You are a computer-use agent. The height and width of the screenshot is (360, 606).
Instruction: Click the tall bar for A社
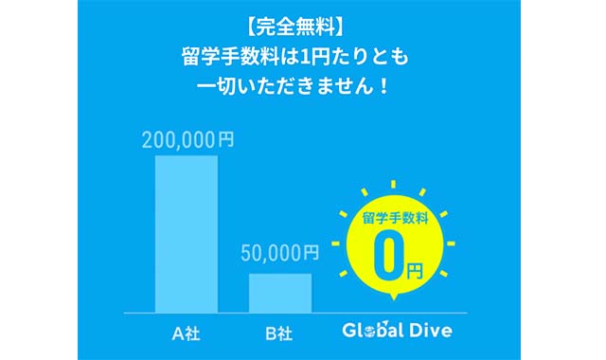[x=187, y=233]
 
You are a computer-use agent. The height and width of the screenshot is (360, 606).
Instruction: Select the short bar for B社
[x=280, y=292]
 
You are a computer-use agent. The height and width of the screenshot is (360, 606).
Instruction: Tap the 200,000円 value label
[x=187, y=139]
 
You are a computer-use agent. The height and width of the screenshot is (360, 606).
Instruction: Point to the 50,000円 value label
[x=280, y=253]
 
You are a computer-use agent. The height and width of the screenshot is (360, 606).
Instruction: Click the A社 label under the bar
[x=185, y=333]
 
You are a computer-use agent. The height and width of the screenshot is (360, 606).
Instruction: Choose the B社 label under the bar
[x=278, y=333]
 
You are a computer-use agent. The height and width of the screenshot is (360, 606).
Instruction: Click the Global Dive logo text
[x=397, y=331]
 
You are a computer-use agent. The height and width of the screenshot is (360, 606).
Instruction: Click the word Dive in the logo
[x=429, y=331]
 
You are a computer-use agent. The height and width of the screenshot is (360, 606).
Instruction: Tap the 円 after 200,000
[x=225, y=139]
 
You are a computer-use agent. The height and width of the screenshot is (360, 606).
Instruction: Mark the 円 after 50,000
[x=311, y=253]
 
